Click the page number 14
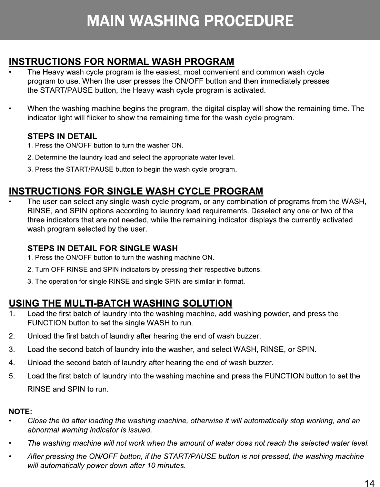[x=369, y=484]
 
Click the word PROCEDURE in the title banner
[x=249, y=21]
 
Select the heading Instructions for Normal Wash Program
[x=121, y=62]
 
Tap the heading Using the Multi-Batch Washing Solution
[x=120, y=303]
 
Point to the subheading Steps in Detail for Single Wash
[x=102, y=248]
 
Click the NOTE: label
[x=20, y=412]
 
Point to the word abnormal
[x=43, y=430]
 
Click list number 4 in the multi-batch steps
[x=12, y=363]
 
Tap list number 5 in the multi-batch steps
[x=12, y=376]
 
